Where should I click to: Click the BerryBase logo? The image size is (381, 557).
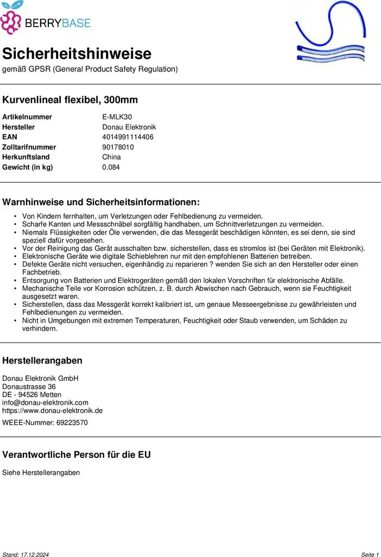(x=46, y=18)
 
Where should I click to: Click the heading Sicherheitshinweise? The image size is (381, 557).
(x=77, y=54)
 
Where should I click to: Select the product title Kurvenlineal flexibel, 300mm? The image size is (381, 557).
(x=70, y=100)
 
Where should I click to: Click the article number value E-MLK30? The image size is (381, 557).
(x=117, y=117)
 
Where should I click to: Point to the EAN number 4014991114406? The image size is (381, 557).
(x=128, y=137)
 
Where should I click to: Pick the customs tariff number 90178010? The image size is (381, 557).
(x=118, y=147)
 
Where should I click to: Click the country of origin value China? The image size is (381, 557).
(x=111, y=157)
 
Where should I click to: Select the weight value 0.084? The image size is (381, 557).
(x=111, y=167)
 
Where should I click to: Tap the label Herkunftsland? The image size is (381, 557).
(x=26, y=157)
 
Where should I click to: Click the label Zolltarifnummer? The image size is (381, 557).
(x=29, y=147)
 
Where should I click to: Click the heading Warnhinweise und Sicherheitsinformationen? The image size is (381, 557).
(x=101, y=202)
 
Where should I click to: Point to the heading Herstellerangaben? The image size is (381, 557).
(x=42, y=361)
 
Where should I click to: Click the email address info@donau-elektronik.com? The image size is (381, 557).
(x=45, y=403)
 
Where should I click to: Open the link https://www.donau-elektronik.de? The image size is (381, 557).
(x=52, y=411)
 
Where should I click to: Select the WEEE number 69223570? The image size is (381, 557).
(x=72, y=423)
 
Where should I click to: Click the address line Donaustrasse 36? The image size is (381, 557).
(x=29, y=387)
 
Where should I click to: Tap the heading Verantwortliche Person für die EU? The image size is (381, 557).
(x=77, y=455)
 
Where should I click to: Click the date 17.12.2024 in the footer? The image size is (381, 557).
(x=35, y=554)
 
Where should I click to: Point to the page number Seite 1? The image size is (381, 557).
(x=370, y=554)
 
